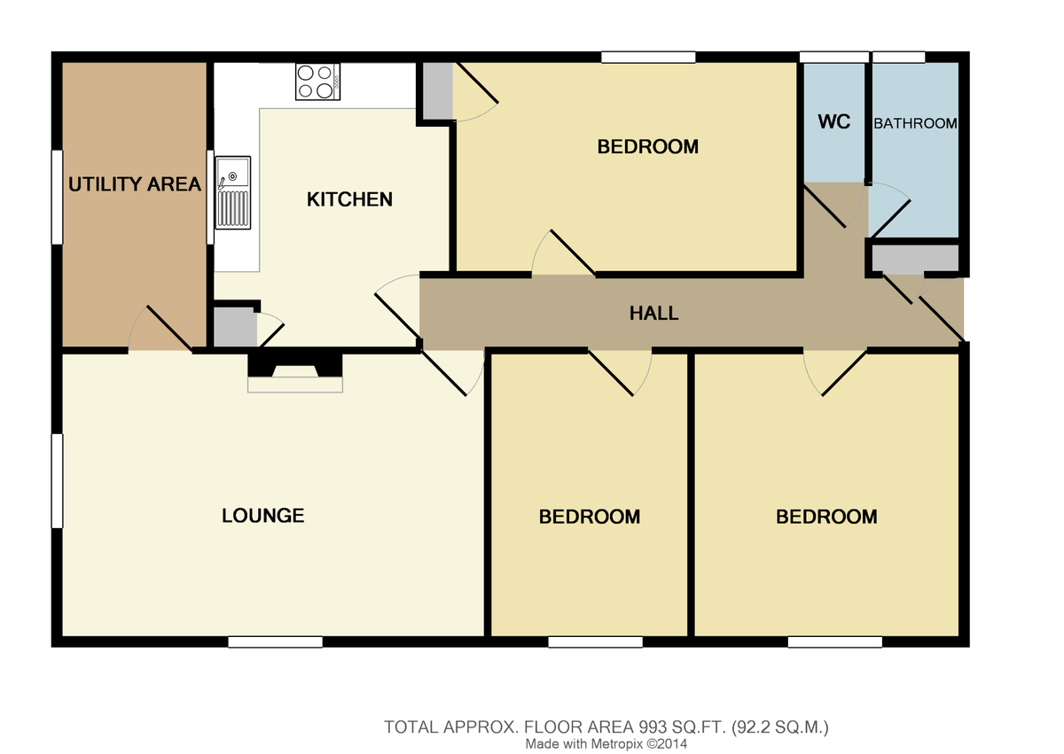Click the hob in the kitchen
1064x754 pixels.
coord(317,82)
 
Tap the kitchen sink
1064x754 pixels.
coord(232,192)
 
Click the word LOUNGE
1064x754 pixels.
coord(262,516)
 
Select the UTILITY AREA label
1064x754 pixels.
coord(135,184)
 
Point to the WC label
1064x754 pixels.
coord(833,122)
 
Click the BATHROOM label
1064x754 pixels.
coord(915,123)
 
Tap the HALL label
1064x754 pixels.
coord(653,313)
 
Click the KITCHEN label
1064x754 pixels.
coord(349,199)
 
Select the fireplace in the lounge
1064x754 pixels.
coord(295,372)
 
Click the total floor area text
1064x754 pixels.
coord(606,727)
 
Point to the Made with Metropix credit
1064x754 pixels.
coord(606,743)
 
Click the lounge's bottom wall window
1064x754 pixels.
coord(275,642)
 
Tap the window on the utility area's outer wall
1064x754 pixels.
coord(57,197)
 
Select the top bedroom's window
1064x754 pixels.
coord(648,58)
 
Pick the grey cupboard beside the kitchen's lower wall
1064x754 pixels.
coord(235,327)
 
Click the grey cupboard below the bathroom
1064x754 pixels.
coord(915,259)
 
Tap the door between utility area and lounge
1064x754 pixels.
coord(160,329)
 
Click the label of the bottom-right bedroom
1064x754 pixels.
coord(826,517)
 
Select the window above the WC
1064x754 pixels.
coord(834,58)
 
